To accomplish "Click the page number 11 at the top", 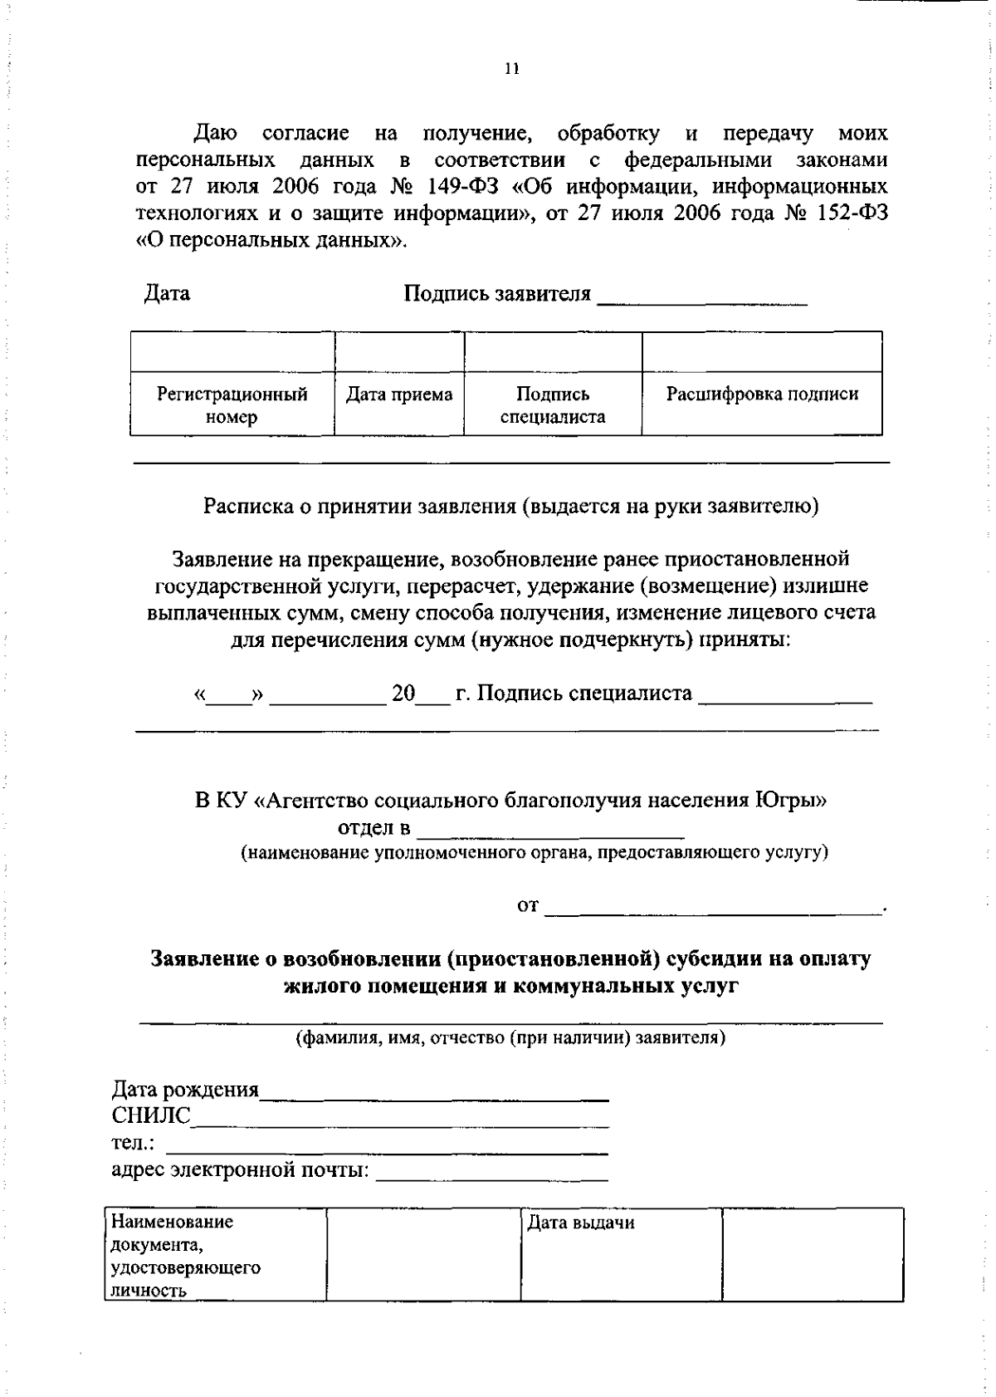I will pos(511,71).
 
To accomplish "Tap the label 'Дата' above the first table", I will pos(167,293).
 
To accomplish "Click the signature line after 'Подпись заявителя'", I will pos(702,302).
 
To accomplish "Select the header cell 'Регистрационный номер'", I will pos(232,405).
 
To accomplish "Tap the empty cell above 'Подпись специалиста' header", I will pos(553,351).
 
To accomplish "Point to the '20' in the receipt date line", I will pos(403,693).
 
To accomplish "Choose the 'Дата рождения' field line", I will pos(434,1098).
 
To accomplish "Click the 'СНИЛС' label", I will pos(151,1115).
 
